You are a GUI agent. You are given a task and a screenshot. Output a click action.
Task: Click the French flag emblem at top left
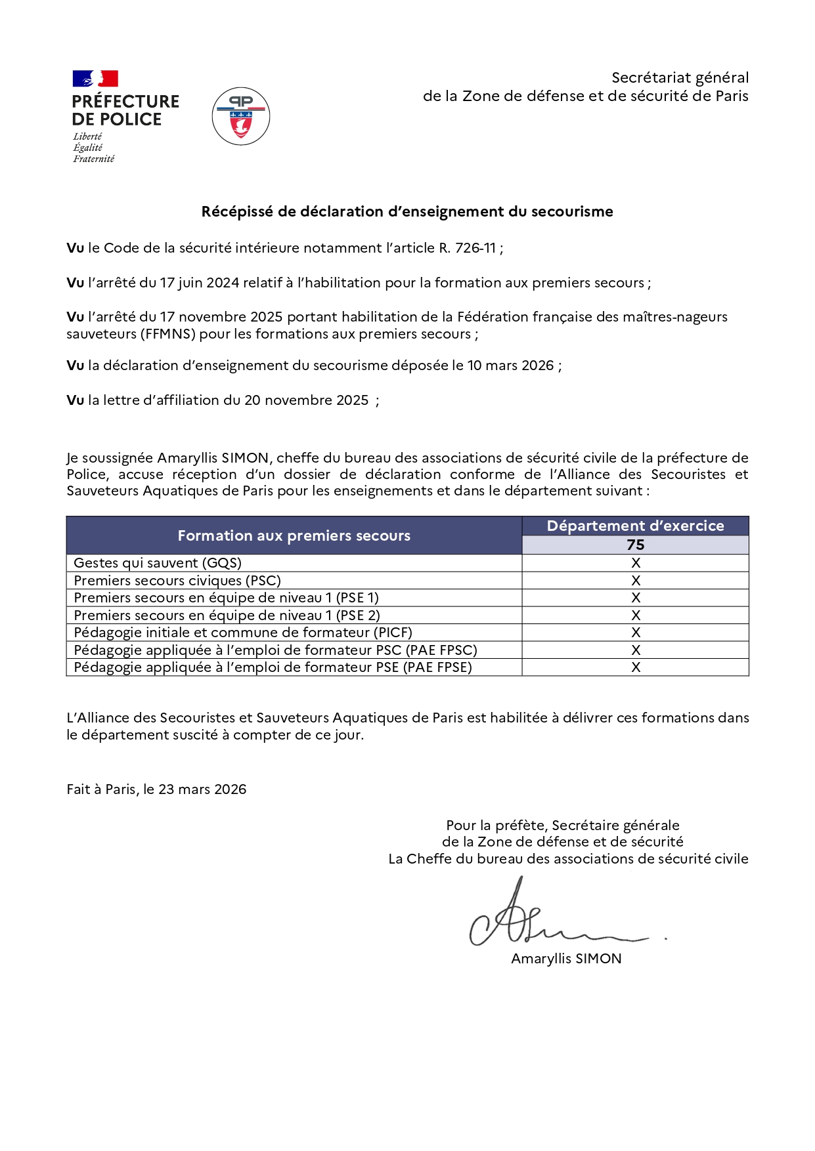point(95,79)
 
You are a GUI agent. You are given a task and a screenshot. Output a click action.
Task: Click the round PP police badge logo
point(241,116)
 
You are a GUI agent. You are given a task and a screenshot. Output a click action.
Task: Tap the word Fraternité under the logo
point(93,159)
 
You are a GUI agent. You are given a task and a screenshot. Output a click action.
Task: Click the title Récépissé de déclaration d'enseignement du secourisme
point(407,211)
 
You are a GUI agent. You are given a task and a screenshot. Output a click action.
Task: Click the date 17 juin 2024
point(200,283)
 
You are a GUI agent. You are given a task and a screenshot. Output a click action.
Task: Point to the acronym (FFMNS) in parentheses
point(167,334)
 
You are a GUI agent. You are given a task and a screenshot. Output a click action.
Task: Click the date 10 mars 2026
point(510,366)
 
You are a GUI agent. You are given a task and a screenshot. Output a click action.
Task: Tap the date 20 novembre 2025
point(306,400)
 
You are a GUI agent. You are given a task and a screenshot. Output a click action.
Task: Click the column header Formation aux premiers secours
point(294,535)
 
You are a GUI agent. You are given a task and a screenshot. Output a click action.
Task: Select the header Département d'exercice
point(635,526)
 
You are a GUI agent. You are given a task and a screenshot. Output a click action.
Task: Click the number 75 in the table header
point(635,545)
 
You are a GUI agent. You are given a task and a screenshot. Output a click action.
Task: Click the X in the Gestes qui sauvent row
point(635,563)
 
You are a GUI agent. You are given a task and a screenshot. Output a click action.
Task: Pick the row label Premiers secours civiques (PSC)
point(177,581)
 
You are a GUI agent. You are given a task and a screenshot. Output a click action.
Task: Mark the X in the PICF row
point(635,633)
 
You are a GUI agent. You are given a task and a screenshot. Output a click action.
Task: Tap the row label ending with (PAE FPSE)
point(273,667)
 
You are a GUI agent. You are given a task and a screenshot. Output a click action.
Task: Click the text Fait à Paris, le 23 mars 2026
point(156,789)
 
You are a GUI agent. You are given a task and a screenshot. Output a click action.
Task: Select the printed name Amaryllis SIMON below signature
point(566,959)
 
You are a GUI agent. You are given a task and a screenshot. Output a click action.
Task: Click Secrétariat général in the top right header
point(680,77)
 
